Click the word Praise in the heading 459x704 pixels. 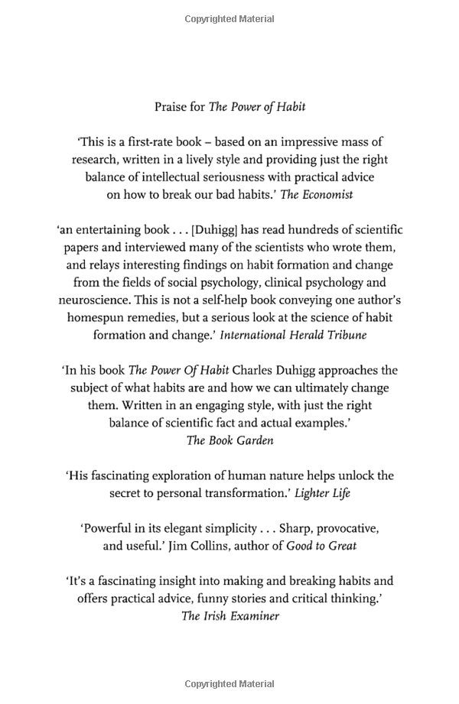click(x=170, y=107)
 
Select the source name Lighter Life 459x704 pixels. click(x=324, y=493)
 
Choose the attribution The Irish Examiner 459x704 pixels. click(x=229, y=616)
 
